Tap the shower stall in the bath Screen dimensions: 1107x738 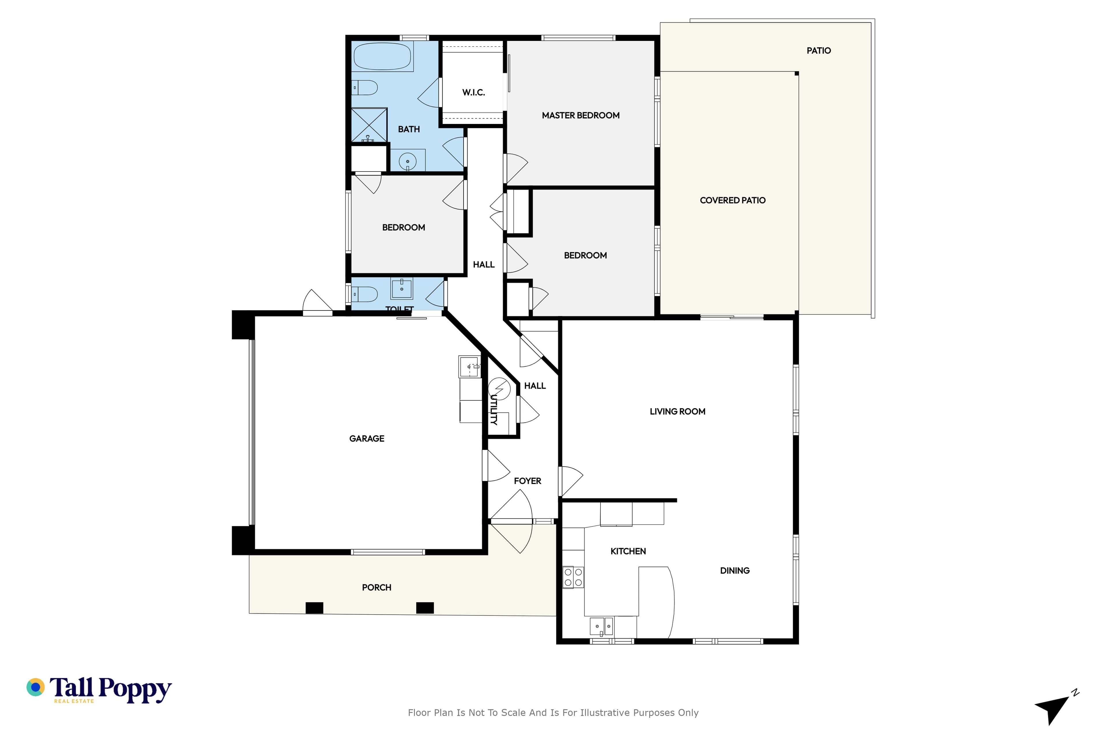[x=370, y=125]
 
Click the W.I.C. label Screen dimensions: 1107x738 [x=473, y=92]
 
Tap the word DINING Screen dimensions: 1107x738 [x=735, y=571]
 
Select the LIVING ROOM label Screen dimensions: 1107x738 [x=677, y=411]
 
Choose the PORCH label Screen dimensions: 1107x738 [x=376, y=588]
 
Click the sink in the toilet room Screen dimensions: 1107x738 [x=402, y=289]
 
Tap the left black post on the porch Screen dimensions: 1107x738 [x=315, y=608]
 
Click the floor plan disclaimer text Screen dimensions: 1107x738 [x=553, y=713]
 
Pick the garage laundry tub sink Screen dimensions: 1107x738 [x=470, y=367]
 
